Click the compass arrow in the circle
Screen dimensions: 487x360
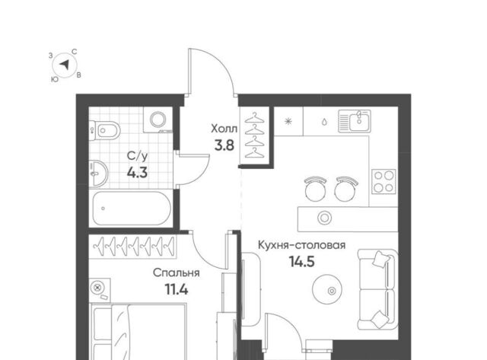pyautogui.click(x=65, y=65)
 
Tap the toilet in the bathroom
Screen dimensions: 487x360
pyautogui.click(x=105, y=130)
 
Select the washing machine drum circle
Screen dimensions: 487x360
pyautogui.click(x=159, y=119)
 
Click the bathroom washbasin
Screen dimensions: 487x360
pyautogui.click(x=98, y=174)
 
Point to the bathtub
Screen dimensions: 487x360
pyautogui.click(x=132, y=208)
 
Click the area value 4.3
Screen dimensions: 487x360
pyautogui.click(x=137, y=172)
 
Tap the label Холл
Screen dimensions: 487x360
pyautogui.click(x=224, y=129)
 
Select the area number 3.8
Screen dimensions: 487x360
pyautogui.click(x=224, y=145)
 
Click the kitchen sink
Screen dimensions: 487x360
pyautogui.click(x=355, y=121)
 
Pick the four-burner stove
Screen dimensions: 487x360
pyautogui.click(x=384, y=181)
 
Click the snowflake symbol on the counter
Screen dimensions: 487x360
pyautogui.click(x=288, y=121)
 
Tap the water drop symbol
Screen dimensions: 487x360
pyautogui.click(x=324, y=122)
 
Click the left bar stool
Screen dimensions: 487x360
pyautogui.click(x=316, y=189)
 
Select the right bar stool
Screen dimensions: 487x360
pyautogui.click(x=346, y=189)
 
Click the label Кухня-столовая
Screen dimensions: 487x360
pyautogui.click(x=301, y=245)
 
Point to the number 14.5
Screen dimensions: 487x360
pyautogui.click(x=302, y=262)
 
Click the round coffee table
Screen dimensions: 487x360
pyautogui.click(x=327, y=289)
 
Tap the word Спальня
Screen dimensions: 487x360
pyautogui.click(x=176, y=273)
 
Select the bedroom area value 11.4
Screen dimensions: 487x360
pyautogui.click(x=176, y=290)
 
